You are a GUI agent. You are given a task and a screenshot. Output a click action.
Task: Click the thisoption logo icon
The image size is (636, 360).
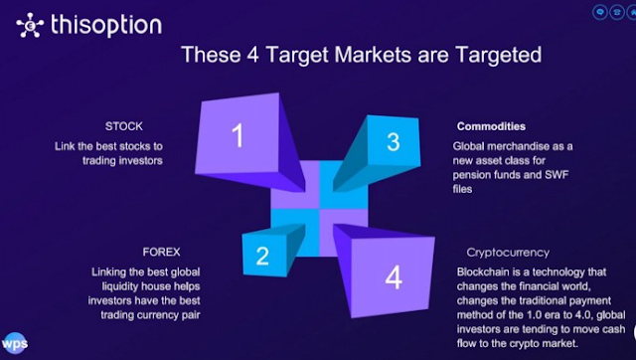coord(30,25)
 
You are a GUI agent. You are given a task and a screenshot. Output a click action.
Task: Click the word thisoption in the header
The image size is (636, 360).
coord(106,25)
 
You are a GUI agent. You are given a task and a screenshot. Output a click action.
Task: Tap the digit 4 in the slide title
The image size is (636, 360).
coord(252,55)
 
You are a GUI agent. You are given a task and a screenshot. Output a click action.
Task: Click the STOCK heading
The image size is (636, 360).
coord(123,126)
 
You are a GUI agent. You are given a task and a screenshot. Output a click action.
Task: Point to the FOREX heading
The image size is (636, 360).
coord(161,252)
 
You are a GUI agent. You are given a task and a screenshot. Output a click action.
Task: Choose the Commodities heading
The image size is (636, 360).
coord(491,126)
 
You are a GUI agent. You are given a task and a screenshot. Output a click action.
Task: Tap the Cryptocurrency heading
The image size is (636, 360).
coord(508,253)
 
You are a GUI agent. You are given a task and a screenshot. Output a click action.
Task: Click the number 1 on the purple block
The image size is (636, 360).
coord(238,135)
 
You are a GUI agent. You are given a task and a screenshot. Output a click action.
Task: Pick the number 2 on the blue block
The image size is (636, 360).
coord(262,256)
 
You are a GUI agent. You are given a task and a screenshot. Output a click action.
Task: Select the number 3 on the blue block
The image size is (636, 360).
coord(394,142)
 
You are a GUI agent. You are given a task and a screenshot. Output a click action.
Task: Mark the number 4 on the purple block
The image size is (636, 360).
coord(394,277)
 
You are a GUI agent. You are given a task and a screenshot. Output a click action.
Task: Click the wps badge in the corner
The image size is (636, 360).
coord(15,344)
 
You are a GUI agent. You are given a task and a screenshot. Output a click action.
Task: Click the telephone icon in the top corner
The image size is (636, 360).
coord(617,12)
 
